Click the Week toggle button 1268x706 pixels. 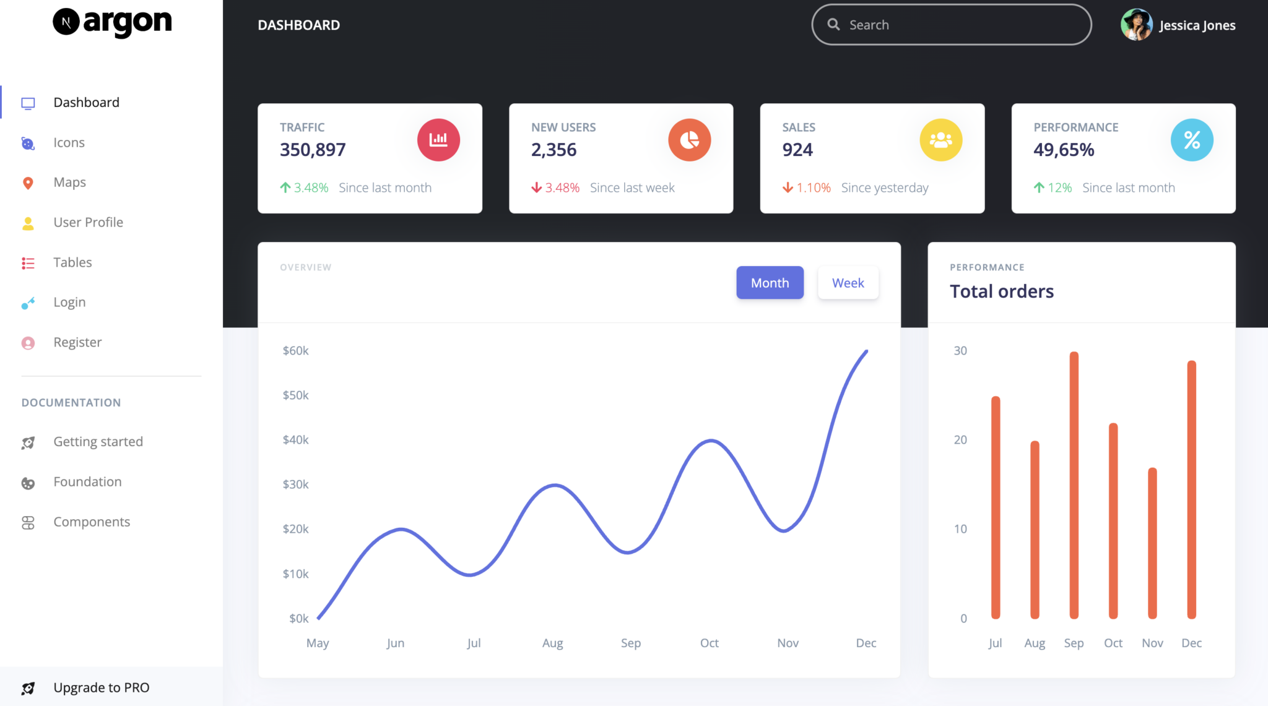pyautogui.click(x=848, y=283)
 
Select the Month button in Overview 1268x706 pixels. pyautogui.click(x=770, y=283)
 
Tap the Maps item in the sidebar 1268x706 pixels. pyautogui.click(x=69, y=183)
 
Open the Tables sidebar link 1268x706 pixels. pyautogui.click(x=72, y=262)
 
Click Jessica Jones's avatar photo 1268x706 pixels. pyautogui.click(x=1136, y=25)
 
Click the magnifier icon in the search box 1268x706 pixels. pyautogui.click(x=833, y=25)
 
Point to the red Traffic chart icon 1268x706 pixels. pyautogui.click(x=438, y=140)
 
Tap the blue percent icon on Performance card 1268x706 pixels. pyautogui.click(x=1191, y=140)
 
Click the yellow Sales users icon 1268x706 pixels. pyautogui.click(x=940, y=140)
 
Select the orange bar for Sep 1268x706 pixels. pyautogui.click(x=1074, y=485)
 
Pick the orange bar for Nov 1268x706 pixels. pyautogui.click(x=1152, y=543)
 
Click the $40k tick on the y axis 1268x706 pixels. pyautogui.click(x=295, y=440)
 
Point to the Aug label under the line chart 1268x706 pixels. pyautogui.click(x=552, y=644)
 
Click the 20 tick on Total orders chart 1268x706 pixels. pyautogui.click(x=960, y=440)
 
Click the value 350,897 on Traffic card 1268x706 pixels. pyautogui.click(x=313, y=150)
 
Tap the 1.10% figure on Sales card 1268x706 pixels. pyautogui.click(x=813, y=187)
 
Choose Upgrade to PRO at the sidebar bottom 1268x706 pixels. pyautogui.click(x=101, y=687)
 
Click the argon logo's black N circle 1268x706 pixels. pyautogui.click(x=66, y=22)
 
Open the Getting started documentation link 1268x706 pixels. pyautogui.click(x=98, y=442)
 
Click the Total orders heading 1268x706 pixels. pyautogui.click(x=1001, y=291)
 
